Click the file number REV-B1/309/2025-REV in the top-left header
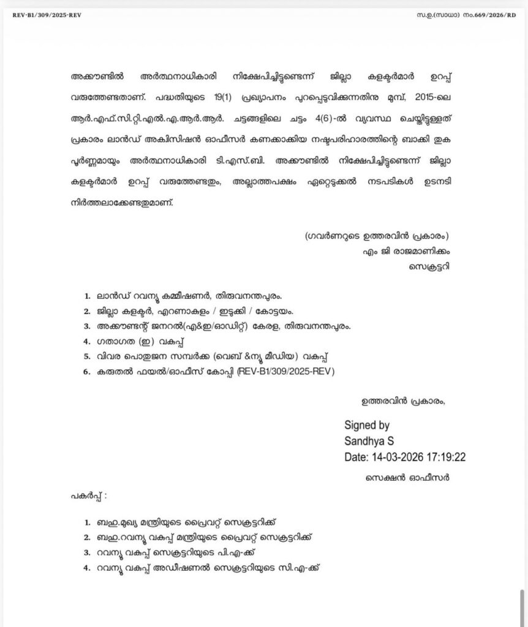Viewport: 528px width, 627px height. point(47,15)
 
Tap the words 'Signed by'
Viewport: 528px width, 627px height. point(367,425)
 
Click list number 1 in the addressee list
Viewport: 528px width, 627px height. point(88,295)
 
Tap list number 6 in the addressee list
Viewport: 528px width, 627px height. point(88,372)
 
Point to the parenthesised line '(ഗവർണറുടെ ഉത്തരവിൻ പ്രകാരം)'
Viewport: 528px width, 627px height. point(376,236)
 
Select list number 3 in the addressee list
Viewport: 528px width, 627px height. point(88,326)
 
